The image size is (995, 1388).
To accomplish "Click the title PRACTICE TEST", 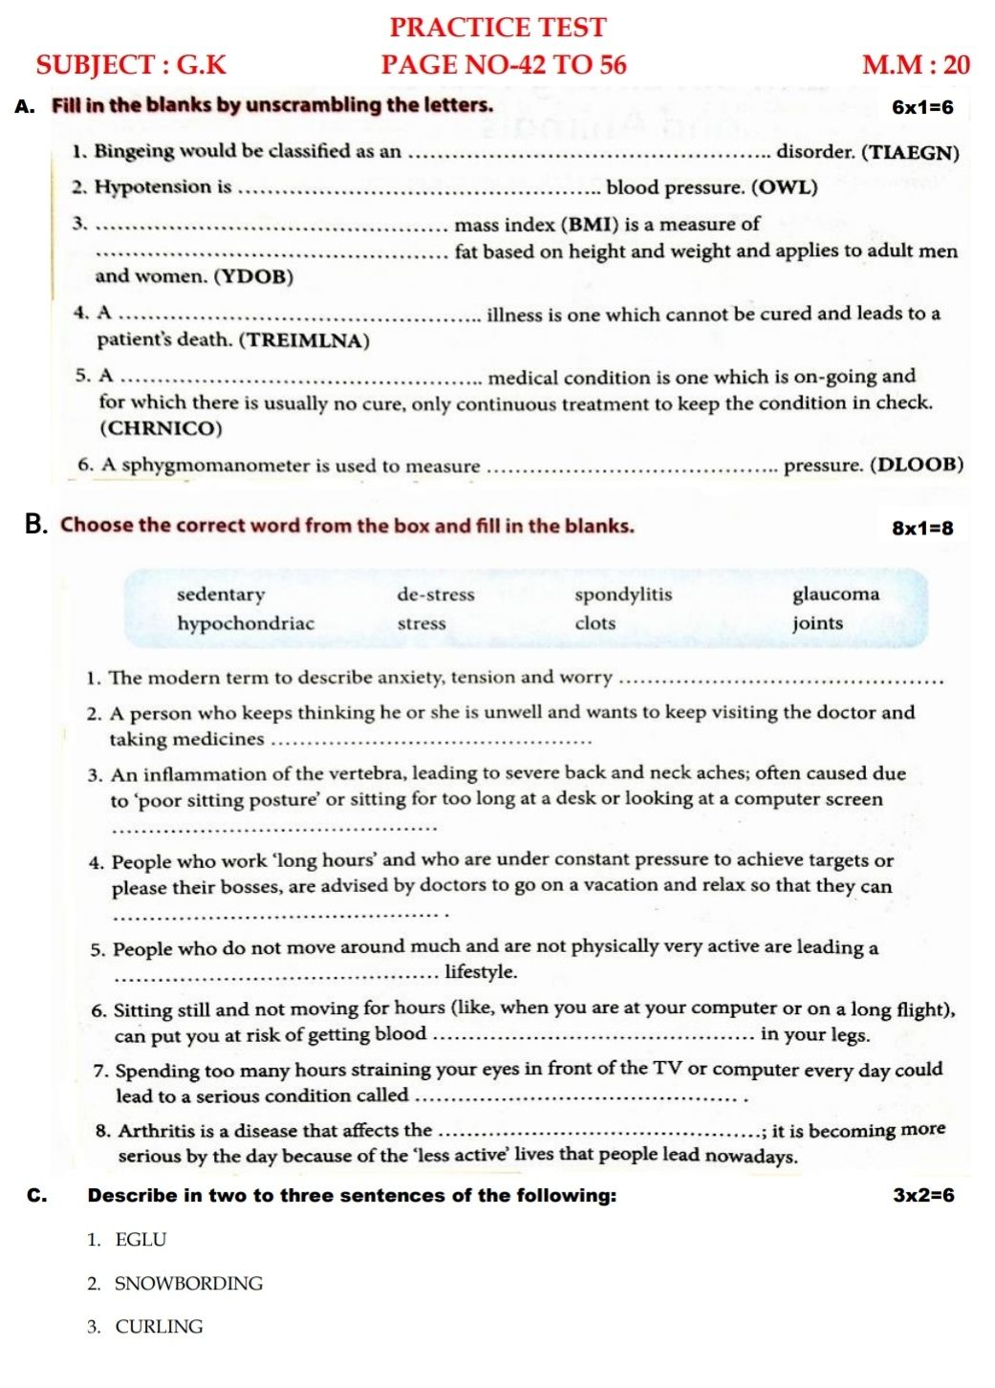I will click(497, 27).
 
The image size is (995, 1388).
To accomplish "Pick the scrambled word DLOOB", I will click(919, 466).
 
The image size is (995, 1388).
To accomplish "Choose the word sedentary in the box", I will click(221, 595).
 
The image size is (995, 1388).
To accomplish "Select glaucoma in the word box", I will click(835, 595).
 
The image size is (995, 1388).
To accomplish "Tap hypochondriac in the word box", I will click(246, 623).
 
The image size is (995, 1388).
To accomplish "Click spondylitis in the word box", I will click(623, 595).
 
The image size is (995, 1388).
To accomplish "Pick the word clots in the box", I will click(595, 623).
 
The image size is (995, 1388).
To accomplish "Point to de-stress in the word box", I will click(436, 595).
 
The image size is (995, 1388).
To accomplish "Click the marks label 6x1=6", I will click(922, 107).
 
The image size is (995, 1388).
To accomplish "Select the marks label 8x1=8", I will click(922, 528).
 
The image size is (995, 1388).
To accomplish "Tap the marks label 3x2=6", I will click(922, 1195).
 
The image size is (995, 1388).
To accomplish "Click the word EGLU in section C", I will click(141, 1240).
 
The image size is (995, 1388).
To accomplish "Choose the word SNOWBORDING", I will click(188, 1284).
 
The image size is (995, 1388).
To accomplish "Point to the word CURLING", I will click(159, 1327).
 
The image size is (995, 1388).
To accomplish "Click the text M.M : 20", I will click(915, 65).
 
